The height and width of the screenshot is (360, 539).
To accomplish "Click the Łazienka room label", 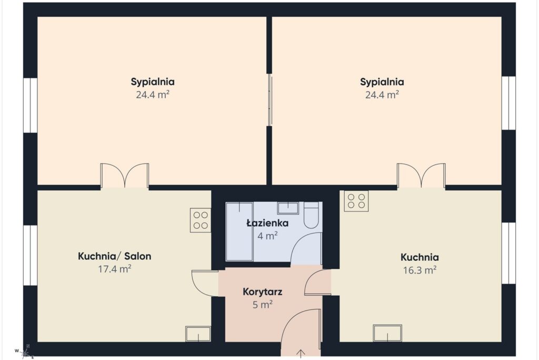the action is [267, 223].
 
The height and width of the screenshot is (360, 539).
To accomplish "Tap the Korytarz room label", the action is [263, 292].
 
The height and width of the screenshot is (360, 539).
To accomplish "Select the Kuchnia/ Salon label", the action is [114, 256].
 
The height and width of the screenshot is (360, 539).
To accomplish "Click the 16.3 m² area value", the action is [420, 270].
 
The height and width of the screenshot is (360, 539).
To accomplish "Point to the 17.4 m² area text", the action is [115, 269].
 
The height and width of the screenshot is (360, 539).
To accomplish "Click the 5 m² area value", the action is [263, 305].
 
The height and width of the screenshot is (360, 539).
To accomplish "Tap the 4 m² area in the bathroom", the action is [267, 236].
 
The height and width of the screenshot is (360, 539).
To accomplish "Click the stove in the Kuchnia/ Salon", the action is [201, 220].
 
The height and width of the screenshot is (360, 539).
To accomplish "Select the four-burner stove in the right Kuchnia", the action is [356, 201].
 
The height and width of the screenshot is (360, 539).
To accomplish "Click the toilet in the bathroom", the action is [312, 215].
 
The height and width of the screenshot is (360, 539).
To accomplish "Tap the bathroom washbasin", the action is [288, 208].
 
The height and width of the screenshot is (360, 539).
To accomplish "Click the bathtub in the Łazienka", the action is [239, 231].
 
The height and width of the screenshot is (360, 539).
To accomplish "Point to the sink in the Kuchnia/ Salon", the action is [198, 334].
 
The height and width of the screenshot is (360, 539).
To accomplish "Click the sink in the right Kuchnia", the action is [387, 333].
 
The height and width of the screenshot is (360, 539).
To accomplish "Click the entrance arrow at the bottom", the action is [301, 354].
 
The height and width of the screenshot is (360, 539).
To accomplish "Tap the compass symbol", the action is [25, 352].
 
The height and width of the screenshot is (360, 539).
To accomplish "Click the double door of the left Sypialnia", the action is [124, 176].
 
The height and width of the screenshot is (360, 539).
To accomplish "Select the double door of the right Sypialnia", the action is [421, 176].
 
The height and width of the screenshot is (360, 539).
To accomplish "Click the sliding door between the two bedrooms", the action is [270, 100].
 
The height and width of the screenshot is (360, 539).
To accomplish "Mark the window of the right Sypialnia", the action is [508, 103].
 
